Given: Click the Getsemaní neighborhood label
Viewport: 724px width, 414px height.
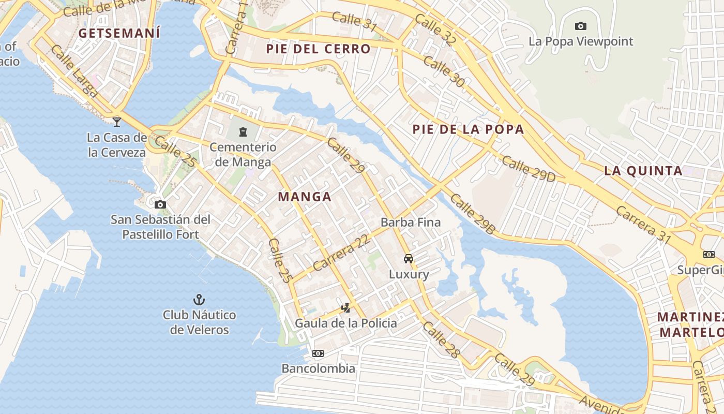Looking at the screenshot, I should [x=119, y=33].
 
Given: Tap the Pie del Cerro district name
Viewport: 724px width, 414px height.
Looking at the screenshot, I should [x=319, y=49].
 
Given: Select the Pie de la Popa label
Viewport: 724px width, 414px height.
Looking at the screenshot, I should [x=468, y=129].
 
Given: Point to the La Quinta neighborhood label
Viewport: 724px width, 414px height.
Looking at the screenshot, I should [x=643, y=170].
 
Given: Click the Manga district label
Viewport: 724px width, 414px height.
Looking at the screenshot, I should [x=304, y=197].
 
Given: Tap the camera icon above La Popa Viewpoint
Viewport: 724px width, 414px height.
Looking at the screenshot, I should [x=580, y=26].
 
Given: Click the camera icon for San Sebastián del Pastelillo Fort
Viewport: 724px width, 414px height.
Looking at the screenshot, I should [x=160, y=204].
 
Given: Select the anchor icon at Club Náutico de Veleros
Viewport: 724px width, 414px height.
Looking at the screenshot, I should [x=199, y=299].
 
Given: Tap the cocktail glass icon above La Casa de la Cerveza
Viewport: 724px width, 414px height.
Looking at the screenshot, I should [x=117, y=122].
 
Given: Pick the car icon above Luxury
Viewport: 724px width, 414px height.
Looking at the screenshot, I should [x=409, y=258].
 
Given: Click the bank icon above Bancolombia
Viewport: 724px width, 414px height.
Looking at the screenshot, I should [x=318, y=353].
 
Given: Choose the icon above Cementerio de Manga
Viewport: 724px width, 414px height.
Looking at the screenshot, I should [x=243, y=132].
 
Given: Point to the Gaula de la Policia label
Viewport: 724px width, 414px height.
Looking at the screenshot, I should [x=346, y=323].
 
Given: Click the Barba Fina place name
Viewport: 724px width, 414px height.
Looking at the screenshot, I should [x=411, y=223].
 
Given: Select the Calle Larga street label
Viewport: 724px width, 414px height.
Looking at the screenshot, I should [x=76, y=71].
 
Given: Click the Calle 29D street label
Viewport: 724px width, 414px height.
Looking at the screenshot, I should [x=529, y=169].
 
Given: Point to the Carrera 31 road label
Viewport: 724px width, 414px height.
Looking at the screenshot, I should [x=643, y=225].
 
